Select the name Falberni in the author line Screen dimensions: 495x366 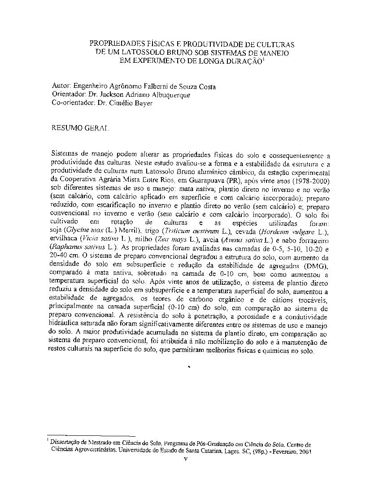pos(167,87)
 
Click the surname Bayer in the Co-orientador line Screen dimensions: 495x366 pos(143,103)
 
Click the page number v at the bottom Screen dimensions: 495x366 pos(185,459)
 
